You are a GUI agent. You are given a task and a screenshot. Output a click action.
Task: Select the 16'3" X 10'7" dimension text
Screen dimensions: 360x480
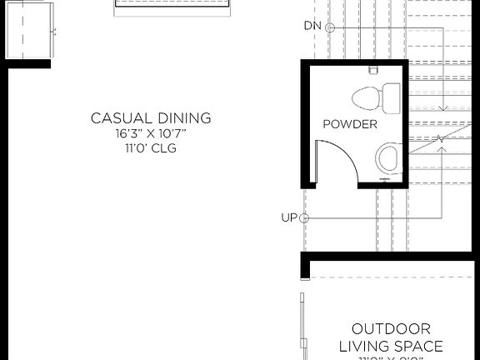[x=151, y=133]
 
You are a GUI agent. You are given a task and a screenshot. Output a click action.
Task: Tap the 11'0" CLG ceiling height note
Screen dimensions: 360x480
[x=151, y=148]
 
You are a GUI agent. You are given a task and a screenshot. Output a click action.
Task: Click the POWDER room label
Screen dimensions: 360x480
[x=350, y=124]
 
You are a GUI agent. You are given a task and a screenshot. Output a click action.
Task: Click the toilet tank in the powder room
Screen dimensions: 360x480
[x=392, y=98]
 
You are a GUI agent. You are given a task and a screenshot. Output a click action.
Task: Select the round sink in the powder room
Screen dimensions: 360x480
[x=387, y=157]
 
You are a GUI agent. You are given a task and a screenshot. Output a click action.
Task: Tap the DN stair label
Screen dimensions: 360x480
[x=312, y=27]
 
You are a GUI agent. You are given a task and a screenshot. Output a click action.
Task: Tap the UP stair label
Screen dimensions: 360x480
[x=288, y=217]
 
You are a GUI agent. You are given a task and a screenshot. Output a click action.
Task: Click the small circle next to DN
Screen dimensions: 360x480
[x=329, y=27]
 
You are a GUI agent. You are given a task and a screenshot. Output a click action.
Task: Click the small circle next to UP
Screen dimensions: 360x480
[x=304, y=218]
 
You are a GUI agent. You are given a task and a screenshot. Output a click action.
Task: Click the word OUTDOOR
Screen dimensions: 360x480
[x=391, y=329]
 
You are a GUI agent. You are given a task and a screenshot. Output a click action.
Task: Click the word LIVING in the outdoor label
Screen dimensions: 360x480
[x=364, y=346]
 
